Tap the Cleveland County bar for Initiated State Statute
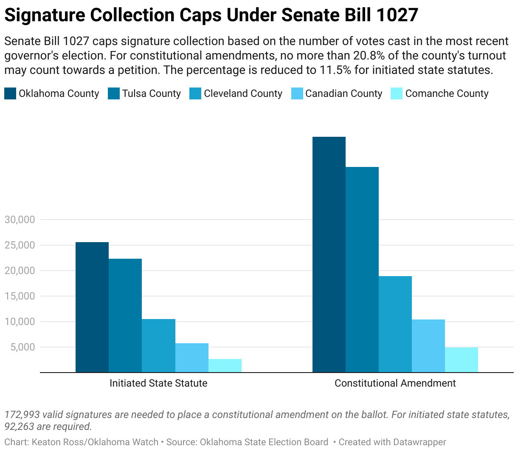pos(158,346)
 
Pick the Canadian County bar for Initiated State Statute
pos(192,358)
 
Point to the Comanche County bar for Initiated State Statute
pos(225,366)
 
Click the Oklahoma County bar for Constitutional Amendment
pos(329,254)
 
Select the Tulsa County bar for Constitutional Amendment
pos(362,270)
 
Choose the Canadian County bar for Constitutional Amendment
pos(428,346)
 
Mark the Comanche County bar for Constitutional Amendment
pos(462,360)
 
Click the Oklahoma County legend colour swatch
pos(10,93)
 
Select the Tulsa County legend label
pos(152,93)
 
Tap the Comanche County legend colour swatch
pos(396,93)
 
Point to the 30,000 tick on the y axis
pos(20,220)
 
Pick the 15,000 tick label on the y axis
pos(20,296)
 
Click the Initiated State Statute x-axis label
pos(158,383)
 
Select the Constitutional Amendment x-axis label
pos(395,383)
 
